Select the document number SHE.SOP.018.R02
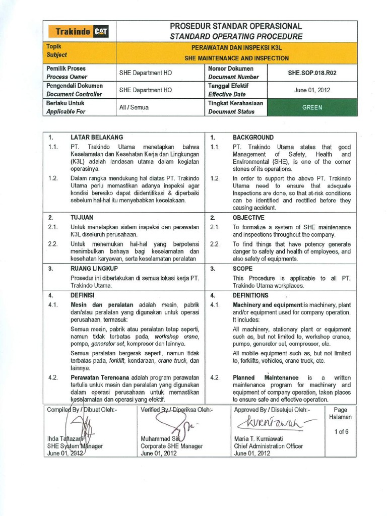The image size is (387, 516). pos(312,73)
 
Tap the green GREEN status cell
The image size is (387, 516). pos(312,107)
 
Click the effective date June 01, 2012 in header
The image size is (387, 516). pos(312,90)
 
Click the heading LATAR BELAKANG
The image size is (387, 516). pos(97,137)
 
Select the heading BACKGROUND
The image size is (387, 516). pos(253,137)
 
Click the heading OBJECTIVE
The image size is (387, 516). pos(248,218)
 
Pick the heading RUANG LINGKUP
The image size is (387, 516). pos(94,269)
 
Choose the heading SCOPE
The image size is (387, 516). pos(242,269)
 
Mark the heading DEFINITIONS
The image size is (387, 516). pos(250,295)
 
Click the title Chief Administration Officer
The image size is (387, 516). pos(268,446)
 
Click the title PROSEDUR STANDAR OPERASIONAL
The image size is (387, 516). pos(236,26)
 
